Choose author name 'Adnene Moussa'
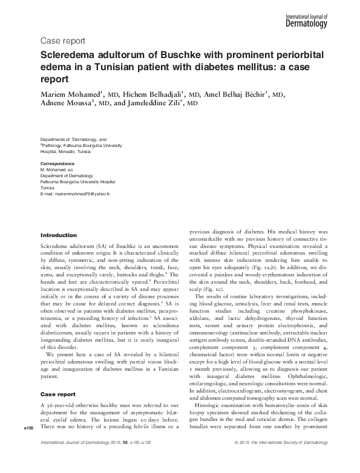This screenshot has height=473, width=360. point(65,104)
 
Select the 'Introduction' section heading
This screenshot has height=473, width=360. point(58,235)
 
